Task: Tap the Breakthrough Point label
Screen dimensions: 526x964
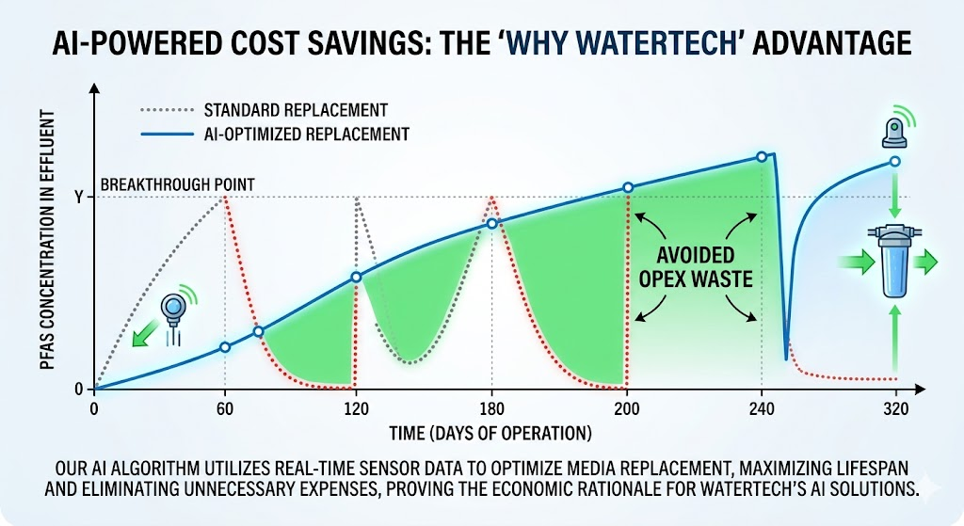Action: tap(177, 183)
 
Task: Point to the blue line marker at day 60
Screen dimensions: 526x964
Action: tap(225, 347)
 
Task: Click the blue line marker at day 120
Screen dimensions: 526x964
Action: tap(357, 277)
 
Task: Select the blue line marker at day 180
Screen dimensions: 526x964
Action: tap(491, 223)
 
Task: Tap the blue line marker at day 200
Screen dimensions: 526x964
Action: tap(628, 187)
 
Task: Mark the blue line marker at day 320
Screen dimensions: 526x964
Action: tap(894, 161)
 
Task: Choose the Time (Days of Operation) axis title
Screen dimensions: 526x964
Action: tap(490, 433)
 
